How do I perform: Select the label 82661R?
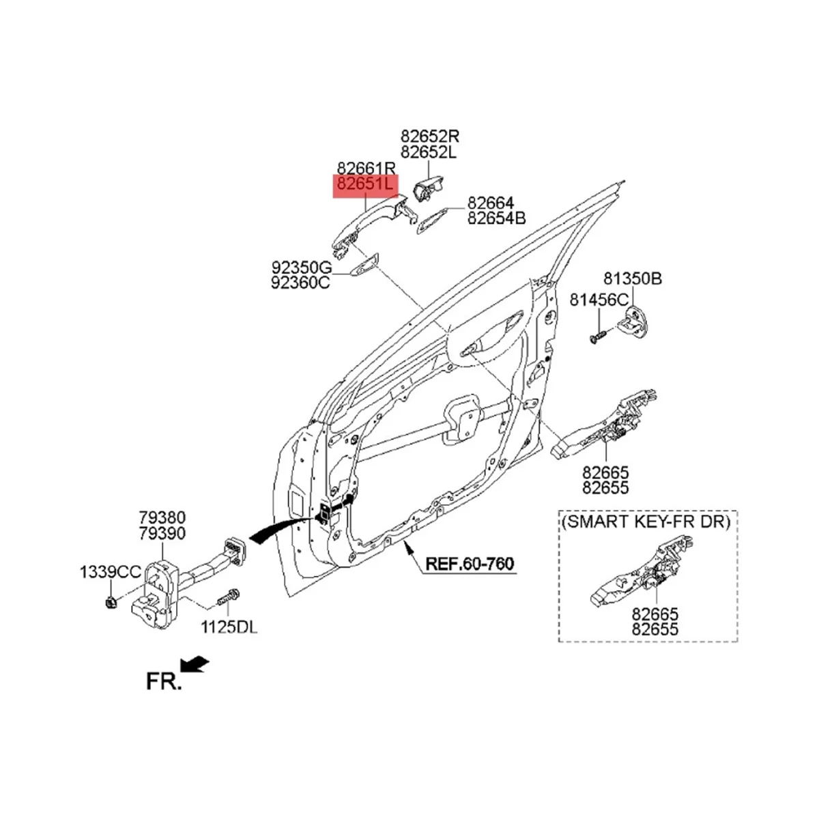click(366, 168)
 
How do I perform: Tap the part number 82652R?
click(430, 136)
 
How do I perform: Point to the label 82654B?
click(496, 218)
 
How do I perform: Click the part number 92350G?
click(301, 266)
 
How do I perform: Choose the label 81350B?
click(632, 278)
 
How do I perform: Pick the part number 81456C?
click(599, 300)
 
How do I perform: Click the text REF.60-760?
click(470, 564)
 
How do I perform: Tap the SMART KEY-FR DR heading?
click(646, 522)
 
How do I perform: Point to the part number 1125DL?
click(228, 627)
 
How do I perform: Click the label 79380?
click(162, 517)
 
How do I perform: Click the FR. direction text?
click(164, 680)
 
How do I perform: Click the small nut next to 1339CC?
click(111, 601)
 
